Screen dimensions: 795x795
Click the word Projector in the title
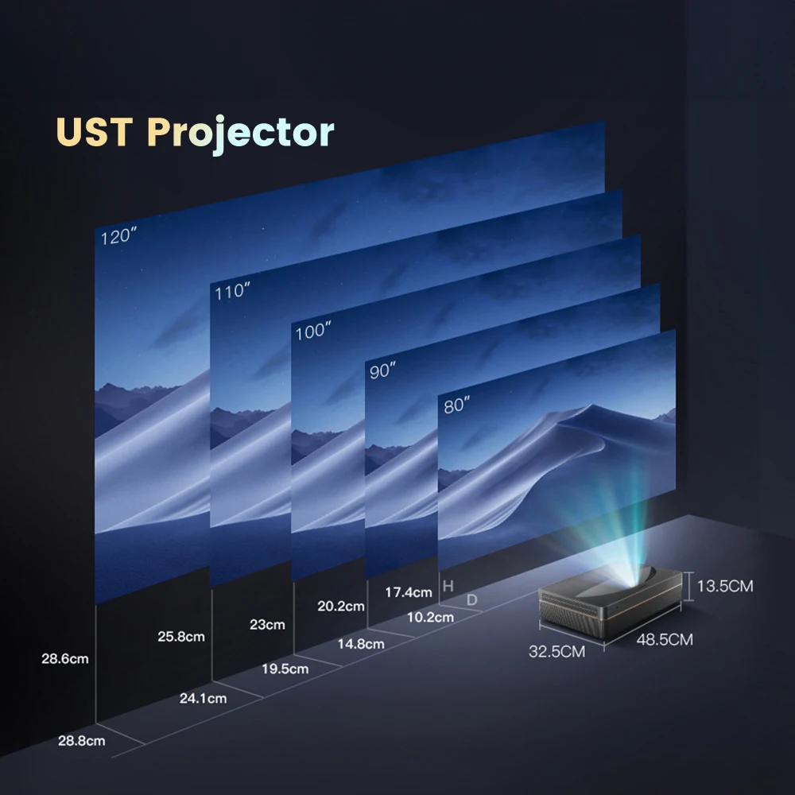(241, 134)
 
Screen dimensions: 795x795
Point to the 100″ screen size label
(312, 332)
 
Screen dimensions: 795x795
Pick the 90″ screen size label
(382, 370)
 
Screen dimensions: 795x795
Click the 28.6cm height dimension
(65, 658)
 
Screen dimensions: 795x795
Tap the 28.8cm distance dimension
(82, 741)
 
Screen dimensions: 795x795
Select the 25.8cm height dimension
(181, 636)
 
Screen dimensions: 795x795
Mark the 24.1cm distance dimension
(203, 699)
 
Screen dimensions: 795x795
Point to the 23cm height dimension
(267, 624)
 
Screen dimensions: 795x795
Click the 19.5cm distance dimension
(285, 669)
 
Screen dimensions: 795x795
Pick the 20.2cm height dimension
(340, 606)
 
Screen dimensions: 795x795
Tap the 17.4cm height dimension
(409, 591)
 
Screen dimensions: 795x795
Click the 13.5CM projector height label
(724, 587)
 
